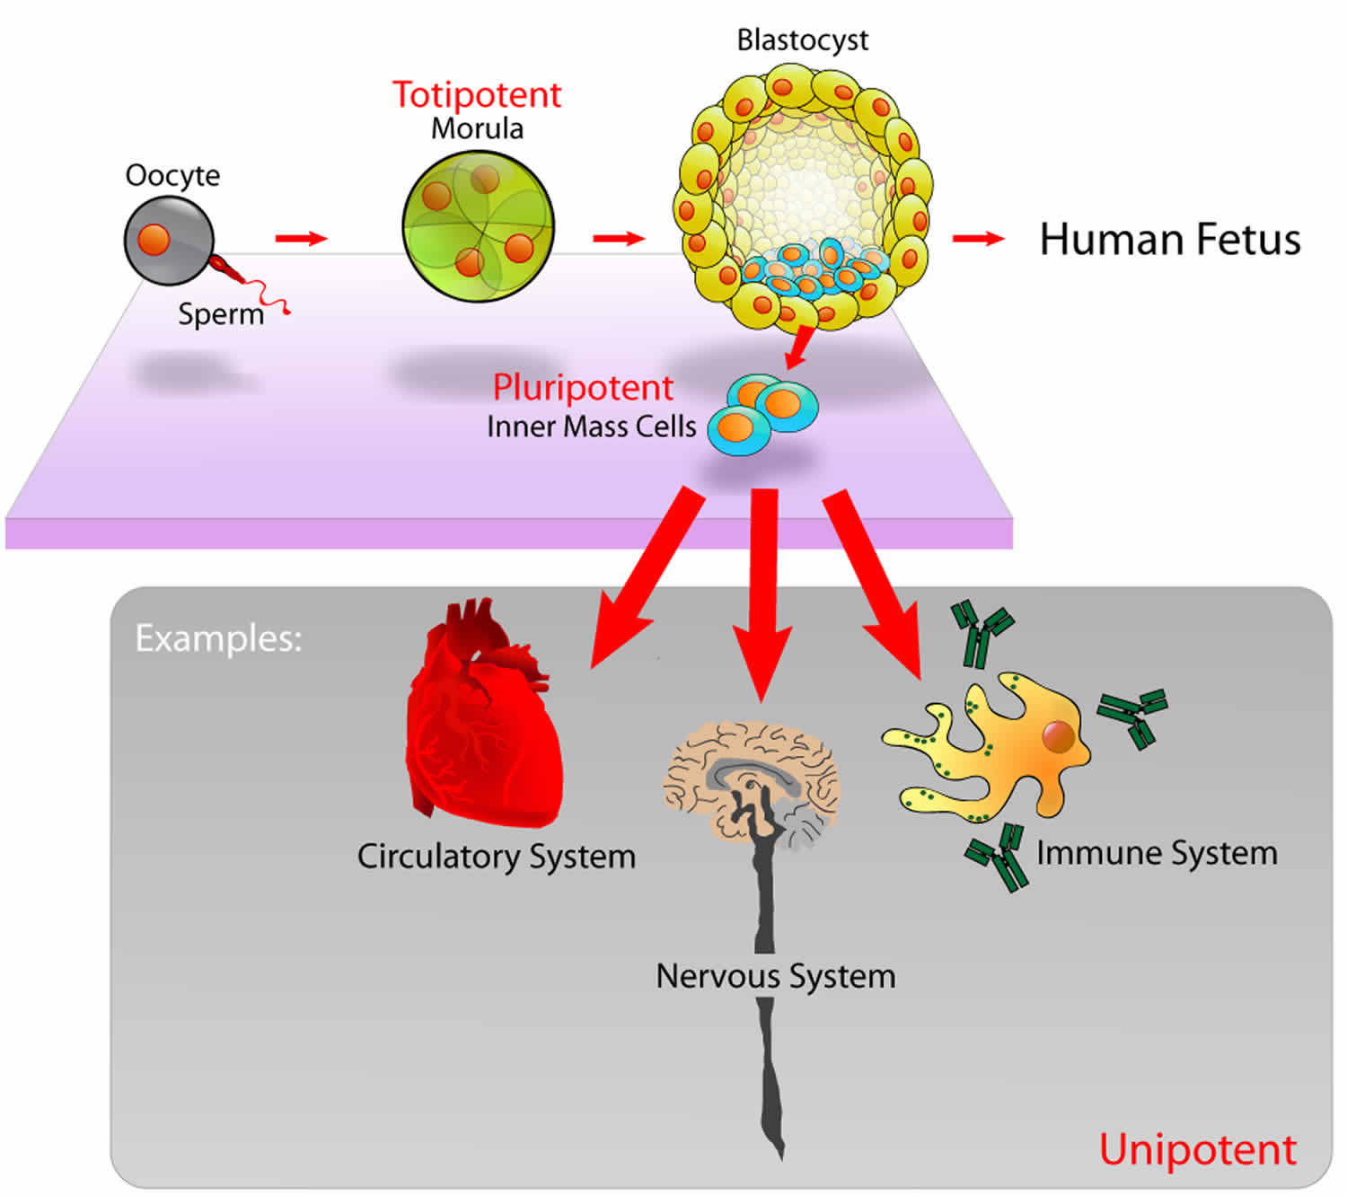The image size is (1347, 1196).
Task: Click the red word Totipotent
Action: click(477, 94)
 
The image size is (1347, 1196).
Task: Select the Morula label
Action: click(478, 128)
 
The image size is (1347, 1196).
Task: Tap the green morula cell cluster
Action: click(478, 226)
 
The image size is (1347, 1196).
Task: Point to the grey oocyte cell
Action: click(169, 241)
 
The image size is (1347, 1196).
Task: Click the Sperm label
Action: click(221, 314)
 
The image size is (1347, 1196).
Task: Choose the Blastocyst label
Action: click(803, 40)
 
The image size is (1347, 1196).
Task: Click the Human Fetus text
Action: click(1169, 240)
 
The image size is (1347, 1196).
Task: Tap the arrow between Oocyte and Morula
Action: click(302, 238)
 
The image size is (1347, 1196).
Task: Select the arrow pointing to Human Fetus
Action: click(979, 238)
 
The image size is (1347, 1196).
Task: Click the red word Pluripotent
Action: click(583, 388)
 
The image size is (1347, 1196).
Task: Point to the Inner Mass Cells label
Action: click(591, 427)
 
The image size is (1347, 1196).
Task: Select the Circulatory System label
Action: click(496, 857)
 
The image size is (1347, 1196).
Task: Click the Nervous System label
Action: click(776, 977)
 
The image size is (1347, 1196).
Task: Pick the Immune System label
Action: click(1157, 854)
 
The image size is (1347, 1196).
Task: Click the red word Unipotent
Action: click(1197, 1149)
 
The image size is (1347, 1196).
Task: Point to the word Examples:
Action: click(219, 639)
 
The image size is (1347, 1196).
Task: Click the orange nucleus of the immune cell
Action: click(1059, 736)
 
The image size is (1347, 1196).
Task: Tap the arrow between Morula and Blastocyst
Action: click(619, 238)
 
